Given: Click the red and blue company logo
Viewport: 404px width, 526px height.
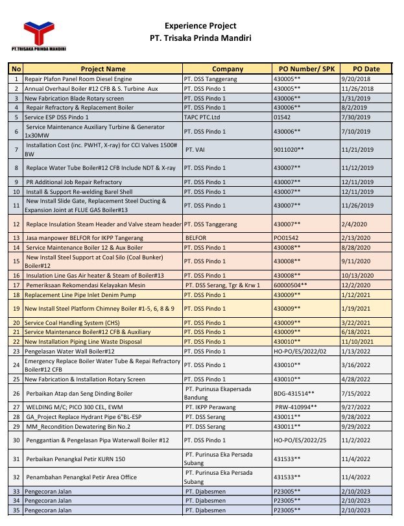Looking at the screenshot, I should point(41,34).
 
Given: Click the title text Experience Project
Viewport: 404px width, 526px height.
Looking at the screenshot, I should point(200,26).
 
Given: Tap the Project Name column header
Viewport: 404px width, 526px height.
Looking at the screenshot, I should point(103,69).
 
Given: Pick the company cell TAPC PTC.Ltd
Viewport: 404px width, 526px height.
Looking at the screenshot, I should point(207,117).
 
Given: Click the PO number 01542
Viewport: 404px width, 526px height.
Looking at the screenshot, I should point(283,117).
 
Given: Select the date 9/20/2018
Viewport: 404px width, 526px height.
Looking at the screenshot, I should point(358,78).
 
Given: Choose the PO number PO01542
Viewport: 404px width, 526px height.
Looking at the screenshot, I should point(285,238).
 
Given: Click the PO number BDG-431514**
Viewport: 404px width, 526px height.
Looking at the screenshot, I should point(295,393).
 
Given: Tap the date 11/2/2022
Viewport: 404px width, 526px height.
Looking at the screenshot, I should point(358,440).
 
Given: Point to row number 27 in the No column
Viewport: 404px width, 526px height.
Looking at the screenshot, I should point(16,407).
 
